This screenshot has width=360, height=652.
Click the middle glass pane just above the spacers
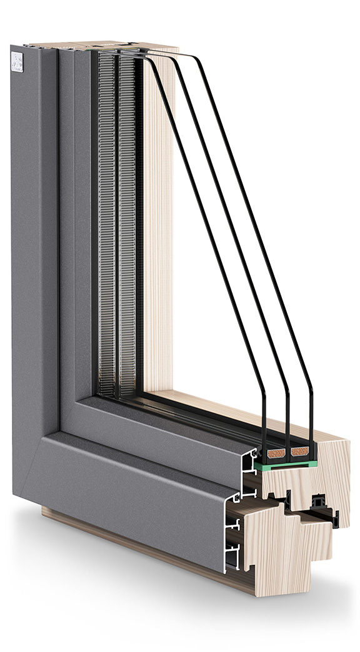287,431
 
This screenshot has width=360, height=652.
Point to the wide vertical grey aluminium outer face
34,250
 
